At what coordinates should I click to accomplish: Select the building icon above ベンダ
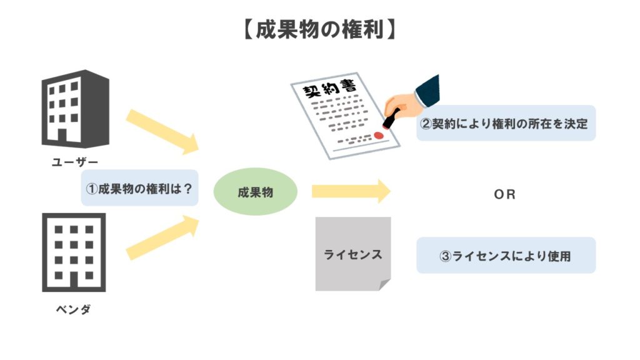74,252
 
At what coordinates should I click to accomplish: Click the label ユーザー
74,164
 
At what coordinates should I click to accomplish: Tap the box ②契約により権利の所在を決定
506,123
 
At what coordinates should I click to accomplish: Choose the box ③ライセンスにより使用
506,256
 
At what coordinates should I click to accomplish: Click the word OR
504,194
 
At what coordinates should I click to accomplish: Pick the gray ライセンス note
352,254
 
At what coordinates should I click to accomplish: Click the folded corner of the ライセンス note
383,284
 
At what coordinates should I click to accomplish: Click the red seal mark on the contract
379,134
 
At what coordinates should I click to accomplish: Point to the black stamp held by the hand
391,119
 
